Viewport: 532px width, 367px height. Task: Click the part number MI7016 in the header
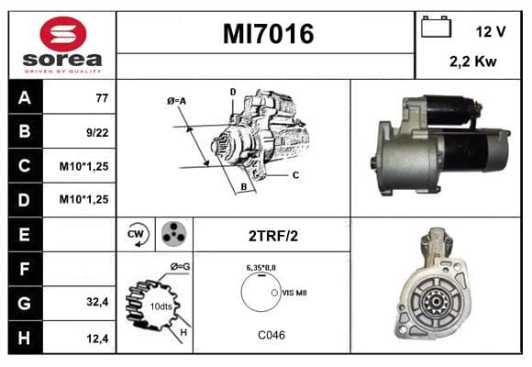[268, 34]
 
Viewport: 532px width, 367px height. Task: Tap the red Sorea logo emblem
[63, 34]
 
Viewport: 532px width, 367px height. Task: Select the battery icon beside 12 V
[436, 27]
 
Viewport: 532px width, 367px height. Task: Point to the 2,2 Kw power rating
[473, 61]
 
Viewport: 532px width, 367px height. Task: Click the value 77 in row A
[102, 98]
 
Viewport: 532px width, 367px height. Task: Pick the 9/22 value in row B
[97, 133]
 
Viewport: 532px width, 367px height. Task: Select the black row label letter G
[25, 303]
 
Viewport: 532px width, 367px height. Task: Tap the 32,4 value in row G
[97, 302]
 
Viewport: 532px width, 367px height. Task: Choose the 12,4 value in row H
[97, 339]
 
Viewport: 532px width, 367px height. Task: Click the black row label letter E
[24, 234]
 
